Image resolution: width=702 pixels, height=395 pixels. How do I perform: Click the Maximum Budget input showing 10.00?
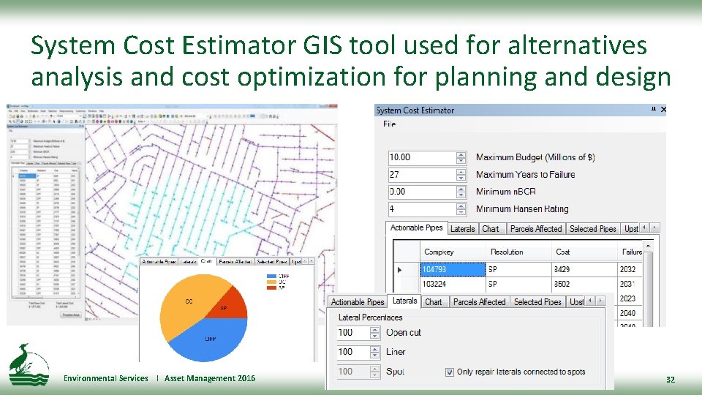(420, 157)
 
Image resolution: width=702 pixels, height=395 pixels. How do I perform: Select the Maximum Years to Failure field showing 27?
(420, 175)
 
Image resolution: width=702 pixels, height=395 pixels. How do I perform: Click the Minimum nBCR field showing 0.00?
(420, 192)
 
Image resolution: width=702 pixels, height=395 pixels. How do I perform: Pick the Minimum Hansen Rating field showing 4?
(420, 209)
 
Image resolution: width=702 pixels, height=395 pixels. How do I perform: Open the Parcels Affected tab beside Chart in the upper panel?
(536, 229)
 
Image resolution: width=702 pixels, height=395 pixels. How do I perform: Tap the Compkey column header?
(439, 252)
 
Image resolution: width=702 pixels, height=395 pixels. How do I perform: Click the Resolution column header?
(507, 252)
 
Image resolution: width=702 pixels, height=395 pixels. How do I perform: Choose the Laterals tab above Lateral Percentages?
(404, 301)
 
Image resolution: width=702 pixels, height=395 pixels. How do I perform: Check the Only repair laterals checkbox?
(450, 372)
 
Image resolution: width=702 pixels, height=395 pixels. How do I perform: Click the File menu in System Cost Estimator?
(390, 124)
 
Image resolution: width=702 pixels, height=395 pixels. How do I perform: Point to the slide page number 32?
(670, 380)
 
